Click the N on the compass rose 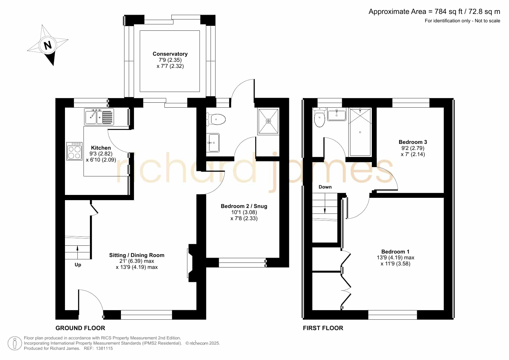pyautogui.click(x=48, y=45)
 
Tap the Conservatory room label pyautogui.click(x=170, y=54)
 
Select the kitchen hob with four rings pyautogui.click(x=74, y=151)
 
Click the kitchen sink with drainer pyautogui.click(x=99, y=116)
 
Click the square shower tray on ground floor pyautogui.click(x=268, y=121)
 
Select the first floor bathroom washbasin pyautogui.click(x=336, y=115)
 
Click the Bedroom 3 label pyautogui.click(x=413, y=142)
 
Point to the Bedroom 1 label pyautogui.click(x=395, y=252)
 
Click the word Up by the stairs pyautogui.click(x=78, y=265)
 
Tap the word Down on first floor pyautogui.click(x=325, y=187)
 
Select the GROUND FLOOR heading pyautogui.click(x=80, y=328)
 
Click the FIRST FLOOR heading pyautogui.click(x=323, y=328)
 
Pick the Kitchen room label pyautogui.click(x=101, y=148)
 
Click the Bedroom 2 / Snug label pyautogui.click(x=244, y=206)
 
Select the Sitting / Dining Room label pyautogui.click(x=137, y=255)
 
